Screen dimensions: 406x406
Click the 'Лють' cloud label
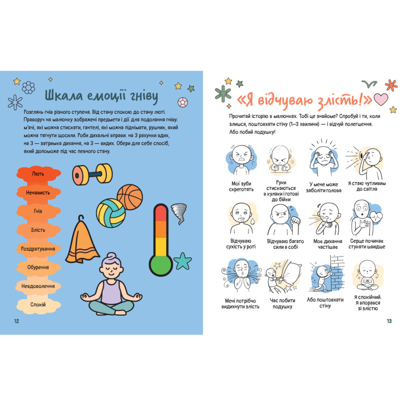pyautogui.click(x=39, y=174)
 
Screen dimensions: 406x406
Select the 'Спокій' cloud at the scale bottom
pyautogui.click(x=39, y=305)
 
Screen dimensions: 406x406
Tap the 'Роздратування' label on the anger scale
pyautogui.click(x=39, y=249)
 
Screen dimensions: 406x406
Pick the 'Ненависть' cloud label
pyautogui.click(x=39, y=193)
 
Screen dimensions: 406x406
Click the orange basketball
pyautogui.click(x=130, y=197)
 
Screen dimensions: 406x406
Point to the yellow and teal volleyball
pyautogui.click(x=111, y=213)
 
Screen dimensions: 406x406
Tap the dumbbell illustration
pyautogui.click(x=92, y=174)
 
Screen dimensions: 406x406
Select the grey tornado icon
pyautogui.click(x=179, y=213)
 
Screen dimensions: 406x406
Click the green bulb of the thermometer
pyautogui.click(x=161, y=266)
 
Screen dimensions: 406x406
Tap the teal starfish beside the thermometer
pyautogui.click(x=182, y=261)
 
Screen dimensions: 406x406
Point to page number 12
pyautogui.click(x=17, y=321)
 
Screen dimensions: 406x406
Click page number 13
pyautogui.click(x=389, y=321)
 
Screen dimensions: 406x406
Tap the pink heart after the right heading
pyautogui.click(x=381, y=100)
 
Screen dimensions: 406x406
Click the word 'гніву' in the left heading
pyautogui.click(x=144, y=96)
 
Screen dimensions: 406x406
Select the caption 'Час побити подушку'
pyautogui.click(x=283, y=303)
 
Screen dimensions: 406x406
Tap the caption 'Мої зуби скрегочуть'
pyautogui.click(x=242, y=186)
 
